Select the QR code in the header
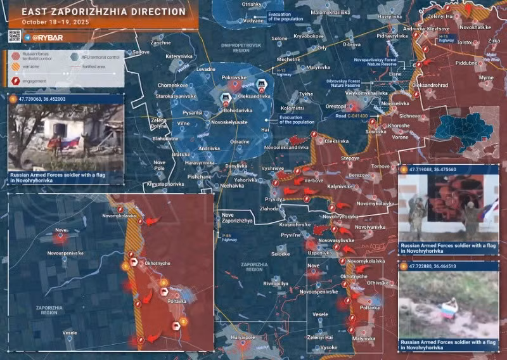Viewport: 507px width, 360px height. (15, 36)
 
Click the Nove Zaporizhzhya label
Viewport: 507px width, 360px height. (237, 218)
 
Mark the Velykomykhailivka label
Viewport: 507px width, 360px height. (366, 93)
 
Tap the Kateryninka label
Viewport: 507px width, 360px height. (179, 56)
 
